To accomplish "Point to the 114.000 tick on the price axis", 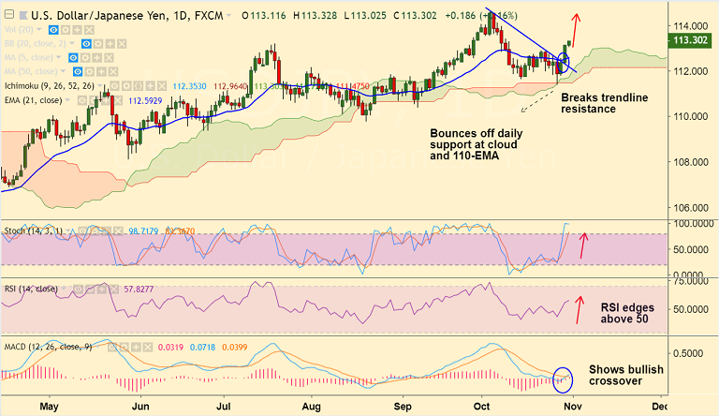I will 692,25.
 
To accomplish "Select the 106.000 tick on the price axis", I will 692,207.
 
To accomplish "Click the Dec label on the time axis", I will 658,407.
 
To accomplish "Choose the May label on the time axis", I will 49,407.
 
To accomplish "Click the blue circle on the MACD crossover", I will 562,379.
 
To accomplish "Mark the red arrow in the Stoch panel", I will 585,245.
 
